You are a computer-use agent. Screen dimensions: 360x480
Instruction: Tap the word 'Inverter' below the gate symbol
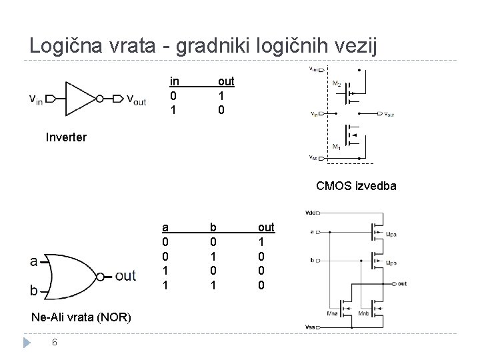(66, 138)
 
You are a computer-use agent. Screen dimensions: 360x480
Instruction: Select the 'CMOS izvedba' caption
(356, 186)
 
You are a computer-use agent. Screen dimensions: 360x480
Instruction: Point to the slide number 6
(57, 343)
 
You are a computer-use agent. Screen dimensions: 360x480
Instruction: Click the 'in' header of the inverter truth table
(175, 81)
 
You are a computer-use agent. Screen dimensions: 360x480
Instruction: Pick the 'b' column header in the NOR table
(213, 227)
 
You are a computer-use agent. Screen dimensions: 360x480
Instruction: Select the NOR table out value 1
(261, 241)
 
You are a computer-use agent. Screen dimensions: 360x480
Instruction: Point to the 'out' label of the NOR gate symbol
(125, 275)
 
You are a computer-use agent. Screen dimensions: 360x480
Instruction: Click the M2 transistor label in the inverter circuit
(337, 83)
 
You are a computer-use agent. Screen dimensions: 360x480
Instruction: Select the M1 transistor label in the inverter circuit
(336, 147)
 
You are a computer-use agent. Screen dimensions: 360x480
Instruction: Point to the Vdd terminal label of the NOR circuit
(310, 213)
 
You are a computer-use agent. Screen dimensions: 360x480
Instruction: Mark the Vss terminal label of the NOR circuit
(309, 327)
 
